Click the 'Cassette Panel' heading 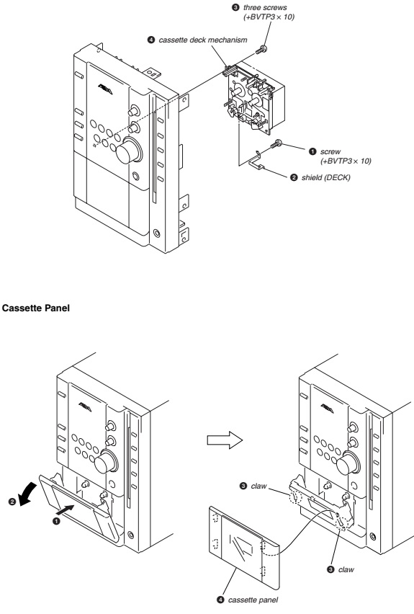click(x=35, y=308)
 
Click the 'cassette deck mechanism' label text click(x=203, y=40)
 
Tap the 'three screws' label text click(x=265, y=7)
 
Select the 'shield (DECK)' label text click(x=325, y=177)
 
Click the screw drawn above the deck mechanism click(x=261, y=50)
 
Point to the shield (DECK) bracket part click(x=258, y=161)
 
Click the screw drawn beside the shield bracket click(x=276, y=143)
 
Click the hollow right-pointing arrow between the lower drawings click(x=225, y=440)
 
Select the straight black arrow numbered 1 click(x=65, y=510)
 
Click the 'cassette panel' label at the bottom click(x=253, y=600)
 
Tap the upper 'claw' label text click(x=258, y=486)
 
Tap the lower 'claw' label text click(x=346, y=570)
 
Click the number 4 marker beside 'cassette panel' click(x=220, y=600)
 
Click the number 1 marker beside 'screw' click(x=312, y=151)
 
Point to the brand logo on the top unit click(x=105, y=90)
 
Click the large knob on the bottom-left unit click(x=105, y=462)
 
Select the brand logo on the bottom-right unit click(x=327, y=409)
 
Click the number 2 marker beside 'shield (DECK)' click(x=294, y=177)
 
